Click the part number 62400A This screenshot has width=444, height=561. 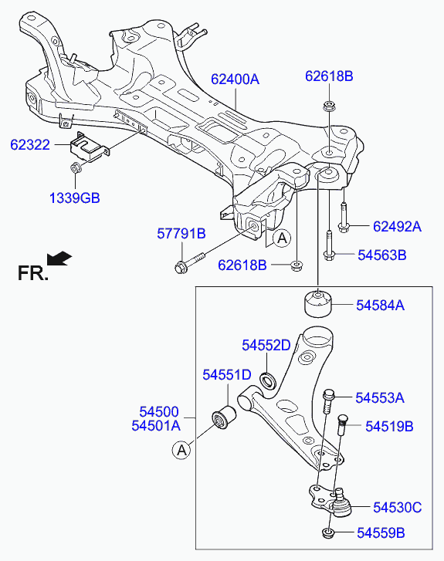[235, 79]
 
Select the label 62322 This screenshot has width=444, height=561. [30, 145]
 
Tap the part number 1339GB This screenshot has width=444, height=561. [74, 198]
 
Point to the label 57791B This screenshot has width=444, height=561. [181, 234]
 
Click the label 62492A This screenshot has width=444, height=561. [398, 226]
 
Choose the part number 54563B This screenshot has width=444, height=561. [382, 255]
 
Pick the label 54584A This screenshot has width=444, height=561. [380, 305]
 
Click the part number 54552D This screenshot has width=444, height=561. [266, 345]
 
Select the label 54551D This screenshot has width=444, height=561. [227, 375]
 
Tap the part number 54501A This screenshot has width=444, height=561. [156, 426]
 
